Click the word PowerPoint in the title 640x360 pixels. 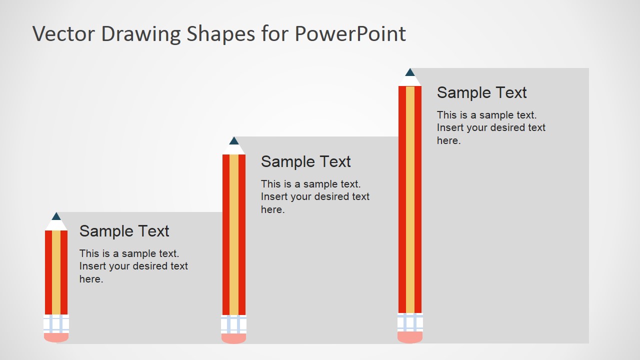(350, 34)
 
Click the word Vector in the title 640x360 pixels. (64, 34)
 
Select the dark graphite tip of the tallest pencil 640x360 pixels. (410, 72)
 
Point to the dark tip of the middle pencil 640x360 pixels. (234, 141)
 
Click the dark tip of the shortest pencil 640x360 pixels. (56, 216)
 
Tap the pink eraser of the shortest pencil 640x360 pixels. (56, 337)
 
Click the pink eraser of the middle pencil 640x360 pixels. (234, 338)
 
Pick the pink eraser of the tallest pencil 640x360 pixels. (410, 337)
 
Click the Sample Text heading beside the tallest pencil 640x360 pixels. (481, 92)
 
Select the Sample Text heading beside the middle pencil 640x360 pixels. (305, 161)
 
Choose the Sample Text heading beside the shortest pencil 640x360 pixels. (124, 231)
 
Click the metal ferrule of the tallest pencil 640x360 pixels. (410, 322)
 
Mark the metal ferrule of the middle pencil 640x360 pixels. (234, 324)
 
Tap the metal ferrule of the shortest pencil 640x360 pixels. (56, 323)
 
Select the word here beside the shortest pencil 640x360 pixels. (91, 279)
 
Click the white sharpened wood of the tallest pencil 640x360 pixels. (410, 80)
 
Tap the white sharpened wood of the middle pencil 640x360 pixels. (234, 149)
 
